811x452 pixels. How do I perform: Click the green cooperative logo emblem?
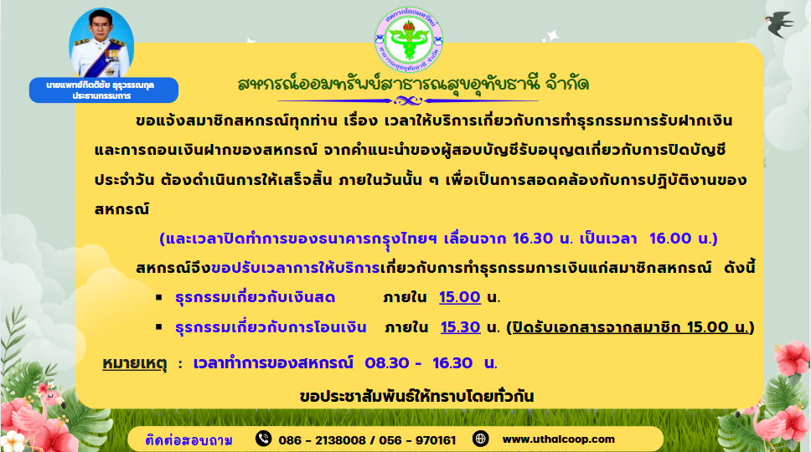tap(409, 39)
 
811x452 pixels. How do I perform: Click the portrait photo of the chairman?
tap(101, 44)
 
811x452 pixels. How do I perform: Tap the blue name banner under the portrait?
tap(103, 90)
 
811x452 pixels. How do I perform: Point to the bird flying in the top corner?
tap(779, 24)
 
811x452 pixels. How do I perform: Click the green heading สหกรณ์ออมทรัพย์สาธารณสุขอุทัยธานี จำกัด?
tap(413, 83)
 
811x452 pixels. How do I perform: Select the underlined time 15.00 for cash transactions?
tap(460, 297)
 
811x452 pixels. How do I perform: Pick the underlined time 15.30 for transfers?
tap(460, 327)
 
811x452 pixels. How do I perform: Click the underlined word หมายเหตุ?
tap(135, 363)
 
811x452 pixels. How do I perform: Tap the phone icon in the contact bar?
tap(263, 439)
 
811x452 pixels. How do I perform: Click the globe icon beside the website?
tap(481, 439)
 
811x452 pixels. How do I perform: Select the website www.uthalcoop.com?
tap(559, 439)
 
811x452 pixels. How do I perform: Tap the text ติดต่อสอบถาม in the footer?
tap(189, 440)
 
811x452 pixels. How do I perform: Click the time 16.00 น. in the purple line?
tap(684, 239)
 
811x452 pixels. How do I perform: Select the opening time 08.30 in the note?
tap(387, 363)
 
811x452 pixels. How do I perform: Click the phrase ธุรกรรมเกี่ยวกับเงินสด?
tap(255, 297)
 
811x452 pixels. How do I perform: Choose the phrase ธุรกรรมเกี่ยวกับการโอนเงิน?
tap(271, 327)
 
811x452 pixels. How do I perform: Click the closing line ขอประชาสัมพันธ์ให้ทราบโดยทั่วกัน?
tap(417, 397)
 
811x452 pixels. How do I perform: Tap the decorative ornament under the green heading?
tap(408, 100)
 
